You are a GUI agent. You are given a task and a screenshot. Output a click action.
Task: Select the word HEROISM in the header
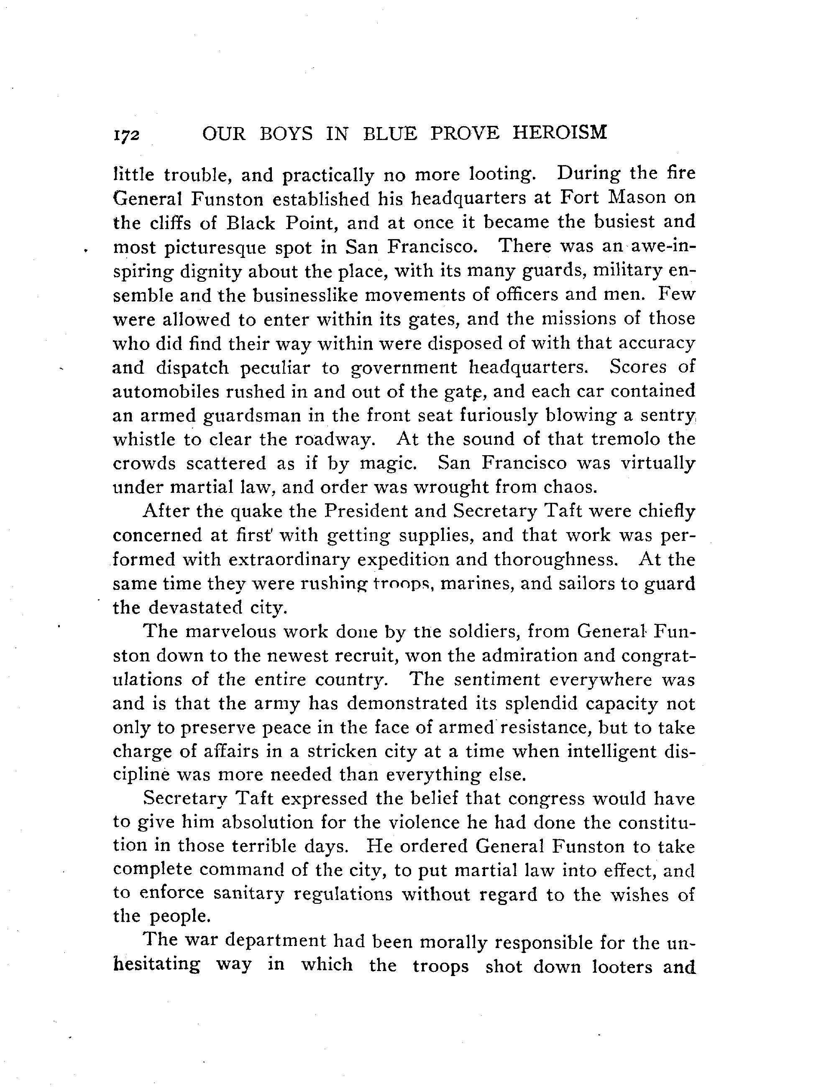(x=560, y=133)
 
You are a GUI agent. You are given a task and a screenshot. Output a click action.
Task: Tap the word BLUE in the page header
(x=390, y=134)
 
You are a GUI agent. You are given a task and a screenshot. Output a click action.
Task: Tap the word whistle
(x=144, y=439)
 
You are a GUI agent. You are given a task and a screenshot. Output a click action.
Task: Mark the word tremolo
(x=626, y=438)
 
